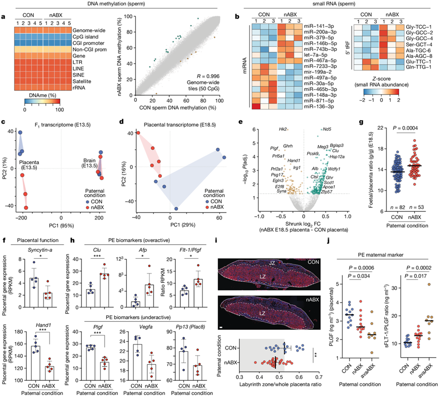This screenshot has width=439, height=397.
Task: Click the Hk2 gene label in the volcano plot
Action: coord(283,130)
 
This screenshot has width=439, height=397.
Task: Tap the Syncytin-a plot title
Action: coord(33,256)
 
